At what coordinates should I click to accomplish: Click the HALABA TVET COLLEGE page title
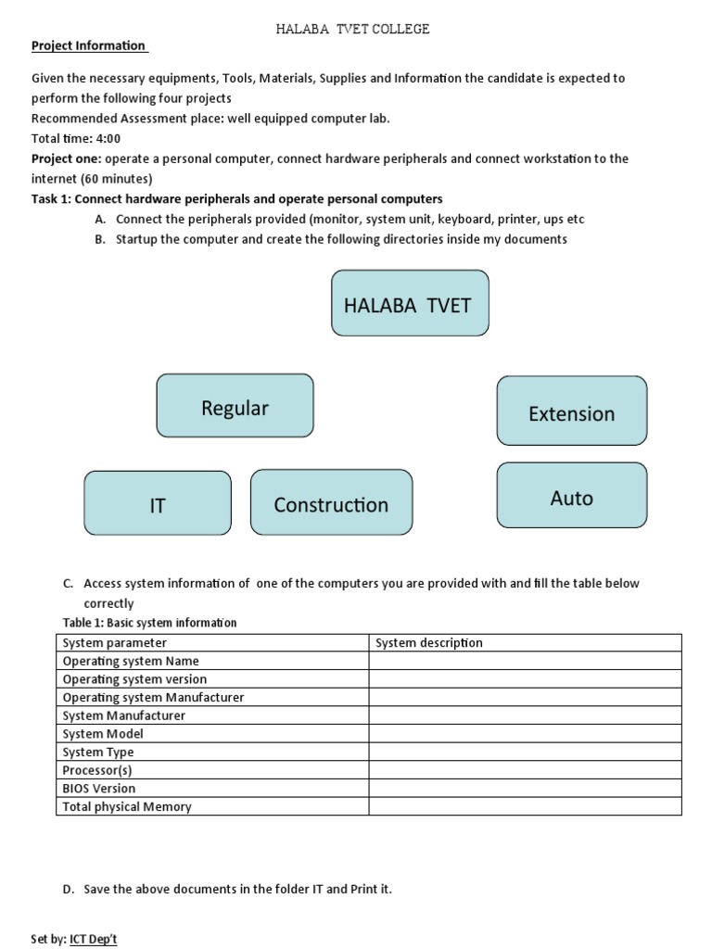[353, 29]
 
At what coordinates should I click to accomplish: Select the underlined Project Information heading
[89, 45]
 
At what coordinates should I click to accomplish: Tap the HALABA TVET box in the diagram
[410, 303]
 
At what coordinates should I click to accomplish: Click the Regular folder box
[235, 406]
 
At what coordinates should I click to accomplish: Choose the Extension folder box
[572, 411]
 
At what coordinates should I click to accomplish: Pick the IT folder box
[158, 503]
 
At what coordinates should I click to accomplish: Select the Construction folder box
[331, 502]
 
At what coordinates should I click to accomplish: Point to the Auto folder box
[572, 496]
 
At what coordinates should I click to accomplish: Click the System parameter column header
[115, 642]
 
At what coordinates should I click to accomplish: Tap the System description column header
[428, 642]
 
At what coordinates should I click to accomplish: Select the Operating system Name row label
[131, 661]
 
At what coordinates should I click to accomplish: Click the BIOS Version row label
[99, 788]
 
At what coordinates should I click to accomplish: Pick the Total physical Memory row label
[127, 806]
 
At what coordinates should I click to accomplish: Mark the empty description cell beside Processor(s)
[525, 770]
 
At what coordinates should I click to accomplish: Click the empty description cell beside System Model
[525, 733]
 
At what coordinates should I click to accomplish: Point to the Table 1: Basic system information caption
[149, 623]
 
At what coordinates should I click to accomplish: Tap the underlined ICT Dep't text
[94, 939]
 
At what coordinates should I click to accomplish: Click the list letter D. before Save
[68, 889]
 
